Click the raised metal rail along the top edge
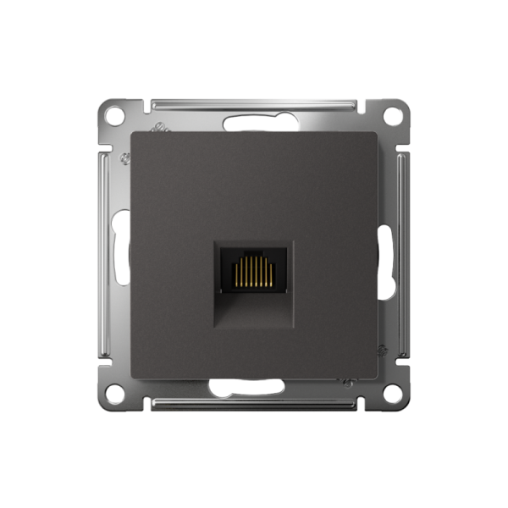point(253,106)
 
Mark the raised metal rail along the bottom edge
point(253,402)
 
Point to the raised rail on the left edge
point(105,253)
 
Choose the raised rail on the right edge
point(402,253)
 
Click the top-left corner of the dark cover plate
point(132,133)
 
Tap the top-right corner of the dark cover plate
point(375,133)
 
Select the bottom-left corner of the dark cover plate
point(132,376)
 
